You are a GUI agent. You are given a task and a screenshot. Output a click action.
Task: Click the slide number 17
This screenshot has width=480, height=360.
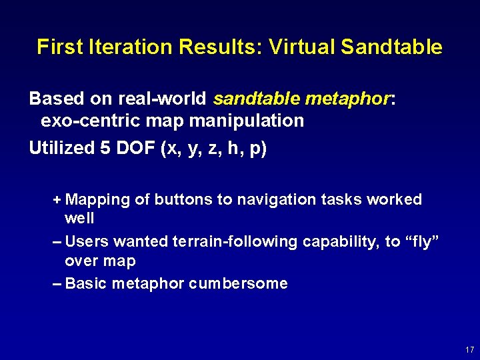pos(469,349)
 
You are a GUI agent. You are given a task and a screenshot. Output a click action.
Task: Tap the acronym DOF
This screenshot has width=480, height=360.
pos(135,148)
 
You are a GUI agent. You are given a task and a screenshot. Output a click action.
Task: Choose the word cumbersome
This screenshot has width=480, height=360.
pos(238,283)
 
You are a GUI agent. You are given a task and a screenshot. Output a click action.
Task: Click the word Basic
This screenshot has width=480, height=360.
pos(86,283)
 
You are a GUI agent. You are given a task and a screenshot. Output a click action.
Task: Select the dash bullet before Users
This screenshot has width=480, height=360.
pos(57,241)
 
